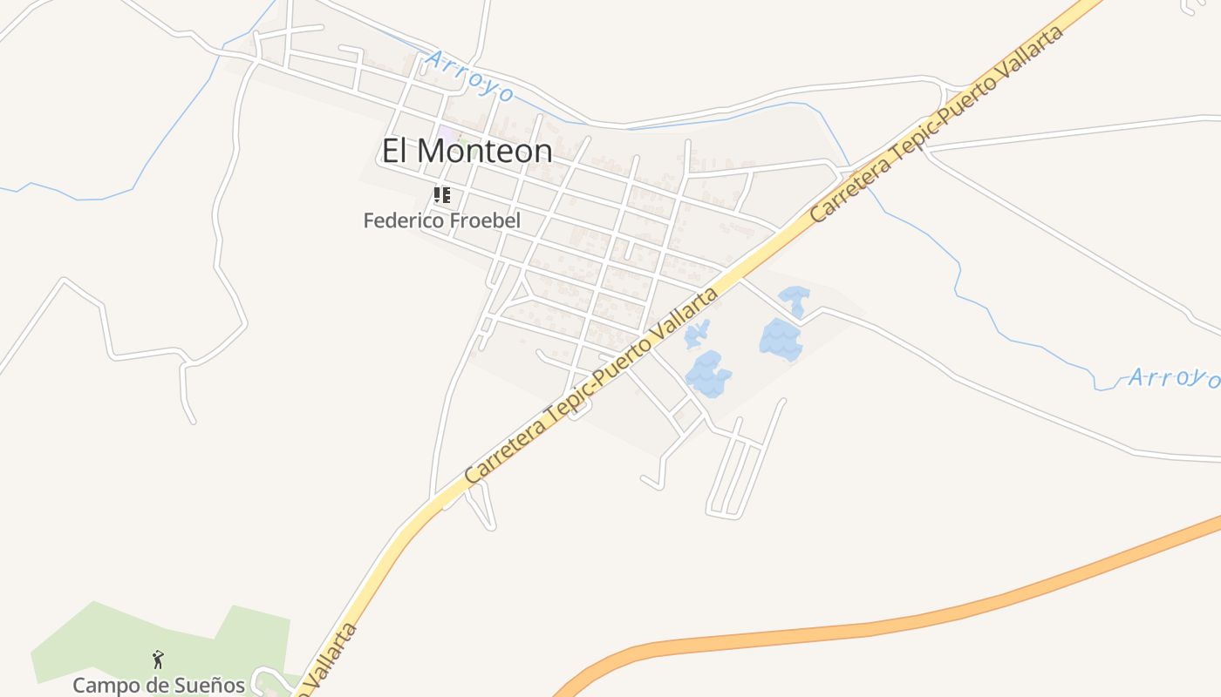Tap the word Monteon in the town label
[x=484, y=152]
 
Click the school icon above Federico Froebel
[x=442, y=195]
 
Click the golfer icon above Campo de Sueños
[x=158, y=660]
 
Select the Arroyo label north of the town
[x=470, y=76]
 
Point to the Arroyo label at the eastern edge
[x=1173, y=378]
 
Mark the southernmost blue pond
[x=707, y=375]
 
